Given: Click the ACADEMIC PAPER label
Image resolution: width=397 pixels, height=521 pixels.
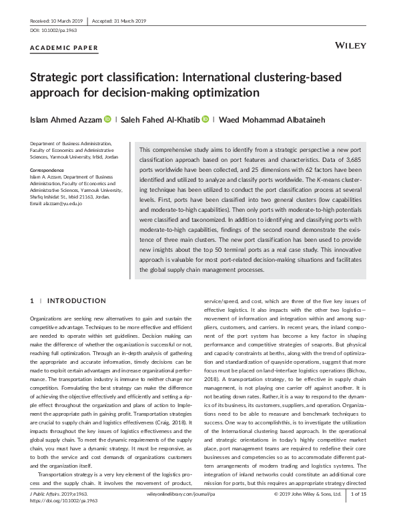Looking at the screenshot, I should click(65, 48).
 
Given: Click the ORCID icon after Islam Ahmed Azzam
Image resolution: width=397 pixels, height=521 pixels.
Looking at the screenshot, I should click(107, 119).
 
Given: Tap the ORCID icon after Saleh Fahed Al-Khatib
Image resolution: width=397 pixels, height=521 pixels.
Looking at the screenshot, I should click(206, 119).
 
